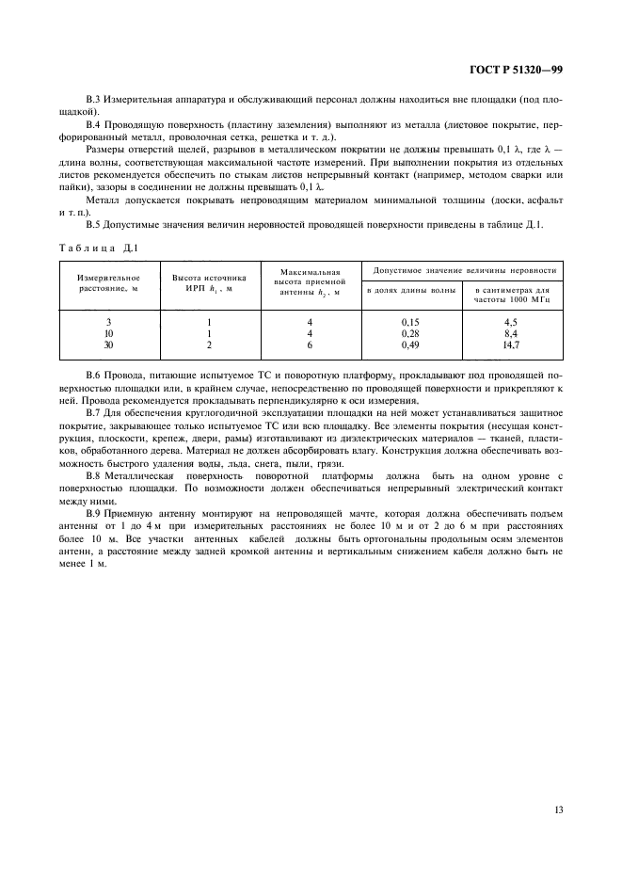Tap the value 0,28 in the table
[410, 333]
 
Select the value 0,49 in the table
[410, 344]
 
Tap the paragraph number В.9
[93, 512]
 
